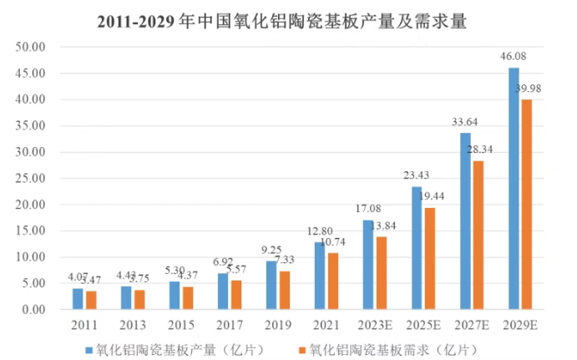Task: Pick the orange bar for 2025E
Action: click(x=430, y=258)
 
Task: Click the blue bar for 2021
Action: click(x=320, y=276)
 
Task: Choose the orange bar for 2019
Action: click(x=285, y=290)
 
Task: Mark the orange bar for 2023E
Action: click(x=382, y=273)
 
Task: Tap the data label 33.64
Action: click(x=464, y=124)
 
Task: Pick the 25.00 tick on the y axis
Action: click(x=31, y=179)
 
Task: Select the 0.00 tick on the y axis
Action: click(x=33, y=310)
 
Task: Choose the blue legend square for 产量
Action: click(x=89, y=344)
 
